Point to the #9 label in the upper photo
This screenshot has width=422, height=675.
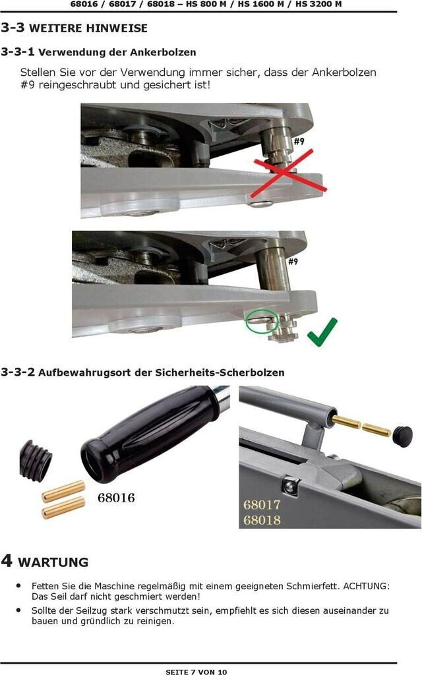(299, 141)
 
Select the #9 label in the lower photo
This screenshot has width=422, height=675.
(293, 261)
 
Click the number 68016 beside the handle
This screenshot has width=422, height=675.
(116, 498)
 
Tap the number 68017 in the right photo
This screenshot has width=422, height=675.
(262, 504)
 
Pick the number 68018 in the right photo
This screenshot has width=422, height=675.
(262, 520)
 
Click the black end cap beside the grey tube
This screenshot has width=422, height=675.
(403, 436)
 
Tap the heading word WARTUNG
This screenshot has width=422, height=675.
(53, 562)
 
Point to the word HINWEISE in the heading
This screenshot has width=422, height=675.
(118, 28)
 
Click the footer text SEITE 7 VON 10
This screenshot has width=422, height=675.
(196, 672)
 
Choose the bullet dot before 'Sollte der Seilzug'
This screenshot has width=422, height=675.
(18, 610)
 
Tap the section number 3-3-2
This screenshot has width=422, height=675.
(18, 372)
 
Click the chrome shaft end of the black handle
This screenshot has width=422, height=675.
(222, 397)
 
